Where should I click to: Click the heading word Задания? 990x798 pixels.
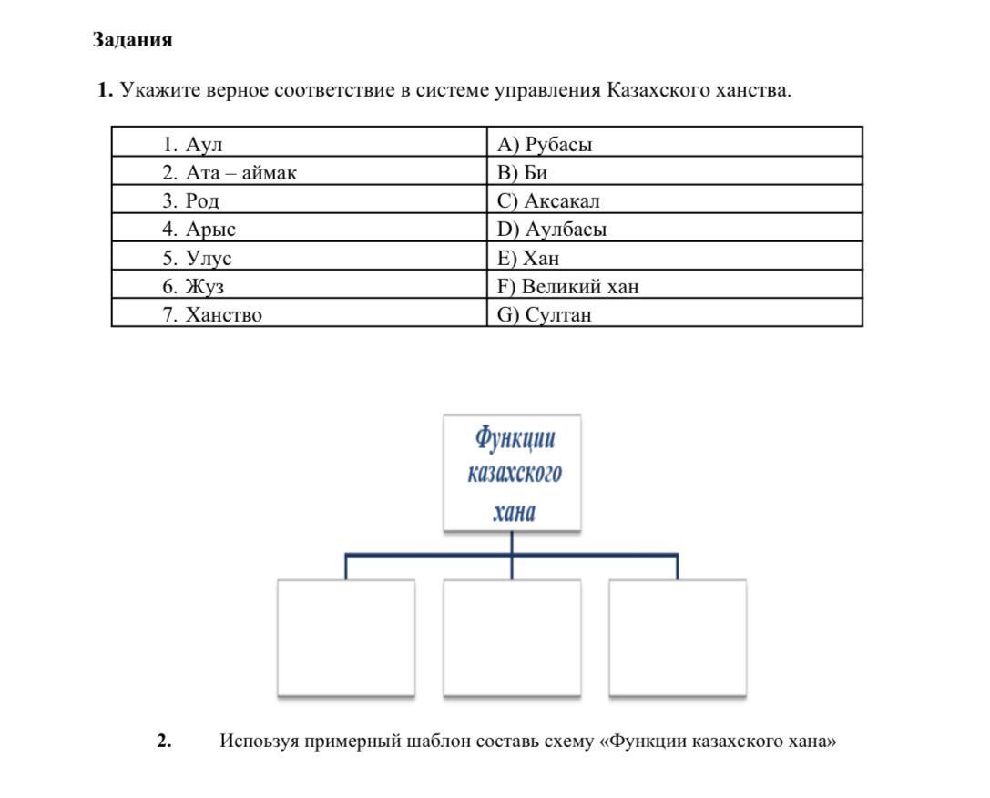click(x=132, y=40)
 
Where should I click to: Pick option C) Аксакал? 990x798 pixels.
click(x=548, y=200)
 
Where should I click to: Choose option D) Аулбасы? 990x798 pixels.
click(x=552, y=229)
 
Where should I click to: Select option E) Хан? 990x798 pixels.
click(x=528, y=258)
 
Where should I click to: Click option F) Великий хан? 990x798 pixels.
click(x=567, y=286)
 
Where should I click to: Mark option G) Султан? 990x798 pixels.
click(x=545, y=315)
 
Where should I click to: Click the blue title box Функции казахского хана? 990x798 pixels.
click(x=513, y=474)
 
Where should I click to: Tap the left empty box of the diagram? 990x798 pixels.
click(x=346, y=638)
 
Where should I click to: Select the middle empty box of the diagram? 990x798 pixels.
click(x=512, y=638)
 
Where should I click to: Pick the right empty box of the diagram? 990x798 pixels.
click(x=678, y=638)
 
